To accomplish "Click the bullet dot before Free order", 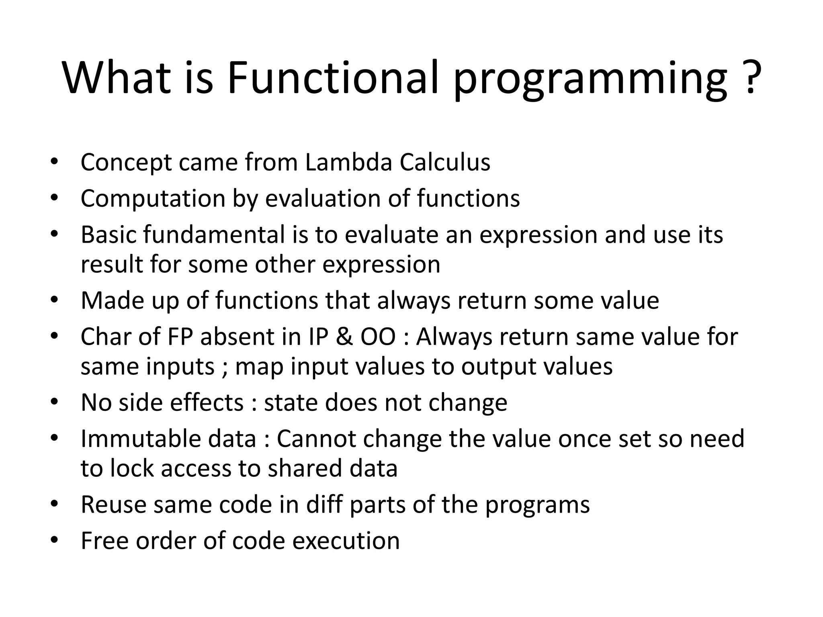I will [x=54, y=540].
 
